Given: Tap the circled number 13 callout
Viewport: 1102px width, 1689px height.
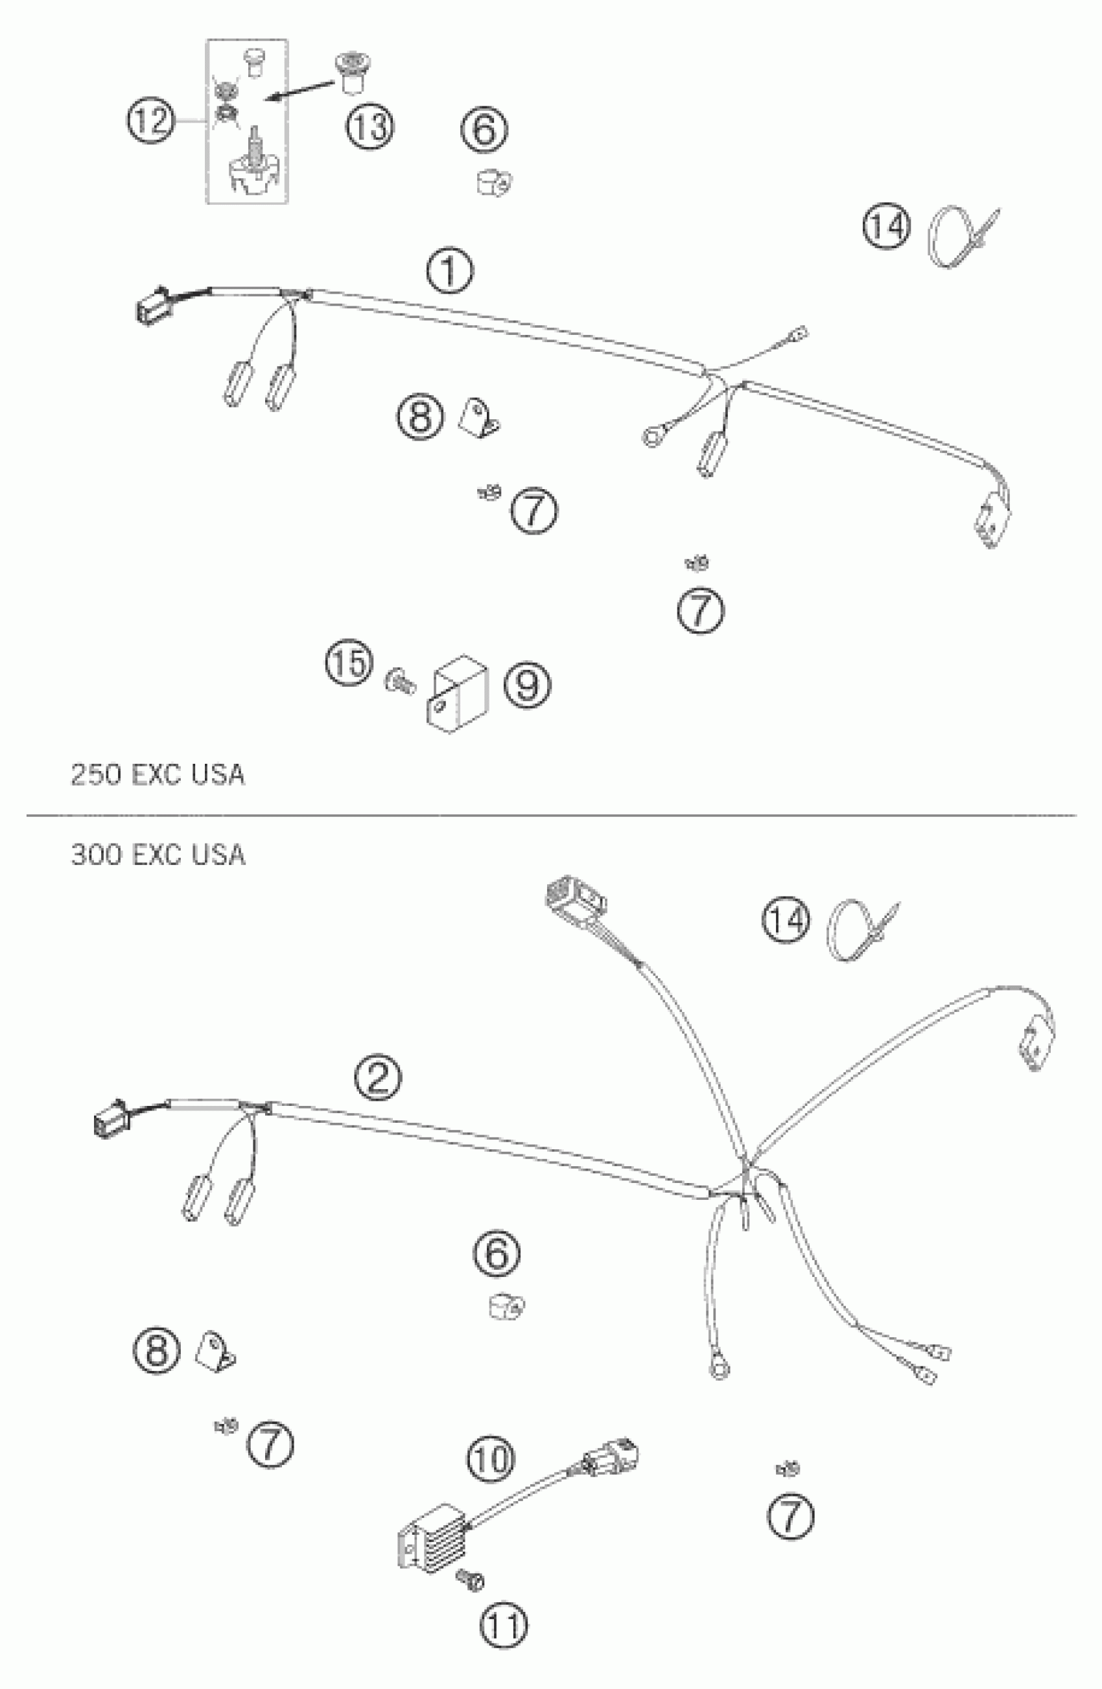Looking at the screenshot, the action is [x=370, y=127].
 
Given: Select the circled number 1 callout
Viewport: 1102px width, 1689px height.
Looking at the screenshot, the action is [x=449, y=271].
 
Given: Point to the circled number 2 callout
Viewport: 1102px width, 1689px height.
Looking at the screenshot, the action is [x=377, y=1078].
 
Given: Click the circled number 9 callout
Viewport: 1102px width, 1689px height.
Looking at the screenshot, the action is [x=527, y=685].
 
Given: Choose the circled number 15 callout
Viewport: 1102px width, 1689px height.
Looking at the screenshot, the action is [x=349, y=663].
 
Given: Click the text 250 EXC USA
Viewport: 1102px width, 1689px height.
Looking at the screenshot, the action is [x=157, y=774].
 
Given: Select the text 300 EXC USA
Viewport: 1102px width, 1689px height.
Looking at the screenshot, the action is [x=157, y=855].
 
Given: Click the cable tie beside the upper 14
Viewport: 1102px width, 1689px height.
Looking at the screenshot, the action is [x=962, y=236].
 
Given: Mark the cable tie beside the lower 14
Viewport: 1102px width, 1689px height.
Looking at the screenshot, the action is [x=862, y=928].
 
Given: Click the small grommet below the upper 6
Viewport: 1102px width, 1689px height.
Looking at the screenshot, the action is [x=494, y=183].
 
